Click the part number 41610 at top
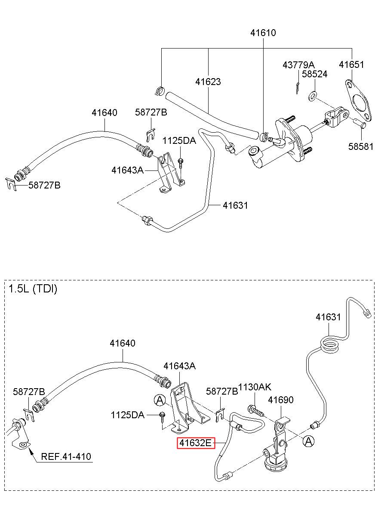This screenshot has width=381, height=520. click(x=263, y=33)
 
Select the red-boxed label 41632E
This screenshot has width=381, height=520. click(x=196, y=443)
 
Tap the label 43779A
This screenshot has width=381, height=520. click(x=298, y=65)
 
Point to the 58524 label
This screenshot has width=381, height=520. click(x=314, y=74)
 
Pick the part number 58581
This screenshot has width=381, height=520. click(x=360, y=146)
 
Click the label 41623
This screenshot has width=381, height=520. click(x=208, y=82)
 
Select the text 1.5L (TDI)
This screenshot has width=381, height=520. click(x=33, y=289)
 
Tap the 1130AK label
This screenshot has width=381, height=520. click(x=255, y=387)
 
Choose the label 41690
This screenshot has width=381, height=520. click(x=281, y=400)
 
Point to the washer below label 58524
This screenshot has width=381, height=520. click(x=312, y=96)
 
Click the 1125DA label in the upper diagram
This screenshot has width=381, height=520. click(x=179, y=141)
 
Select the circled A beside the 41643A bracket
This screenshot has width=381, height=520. click(x=160, y=400)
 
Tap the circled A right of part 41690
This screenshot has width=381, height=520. click(x=308, y=441)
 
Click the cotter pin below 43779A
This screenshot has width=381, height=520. click(x=298, y=88)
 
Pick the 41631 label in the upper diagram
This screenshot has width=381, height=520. click(x=235, y=205)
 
